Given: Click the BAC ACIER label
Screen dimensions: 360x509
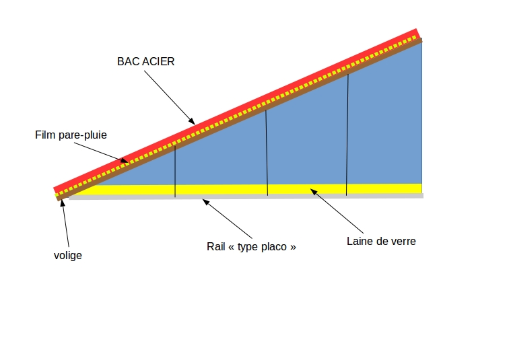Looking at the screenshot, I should click(x=145, y=61).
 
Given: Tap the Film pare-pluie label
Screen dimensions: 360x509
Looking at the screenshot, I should click(x=71, y=135).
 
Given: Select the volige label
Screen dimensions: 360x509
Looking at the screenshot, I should click(x=67, y=256).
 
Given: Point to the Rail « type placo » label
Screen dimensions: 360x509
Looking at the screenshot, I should click(x=251, y=247).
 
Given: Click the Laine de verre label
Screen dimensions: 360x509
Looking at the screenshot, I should click(x=381, y=241).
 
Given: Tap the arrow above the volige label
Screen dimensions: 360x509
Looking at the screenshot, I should click(x=66, y=221).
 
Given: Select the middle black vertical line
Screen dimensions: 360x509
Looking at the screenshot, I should click(x=267, y=152).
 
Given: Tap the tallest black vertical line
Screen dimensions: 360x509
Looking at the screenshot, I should click(x=347, y=134).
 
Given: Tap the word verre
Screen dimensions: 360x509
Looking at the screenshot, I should click(x=403, y=241).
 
